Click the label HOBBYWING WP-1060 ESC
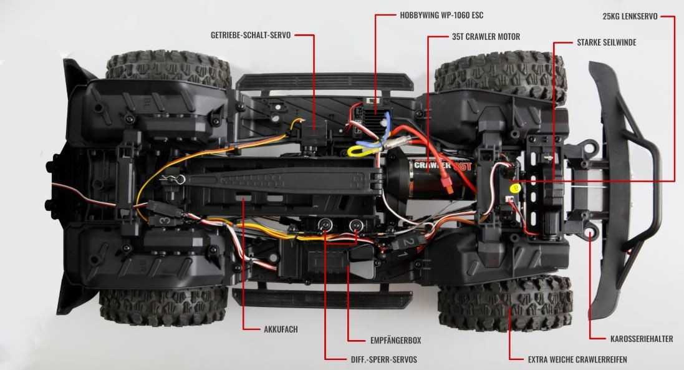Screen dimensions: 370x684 [441, 14]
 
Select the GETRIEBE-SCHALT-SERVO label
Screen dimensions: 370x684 [251, 36]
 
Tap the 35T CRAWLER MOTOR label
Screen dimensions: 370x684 [486, 37]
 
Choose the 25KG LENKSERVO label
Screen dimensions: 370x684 [630, 17]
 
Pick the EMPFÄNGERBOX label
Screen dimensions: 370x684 [392, 340]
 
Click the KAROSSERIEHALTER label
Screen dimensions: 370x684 [641, 339]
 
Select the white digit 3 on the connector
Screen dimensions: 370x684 [163, 220]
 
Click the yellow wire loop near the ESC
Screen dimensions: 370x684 [359, 150]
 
